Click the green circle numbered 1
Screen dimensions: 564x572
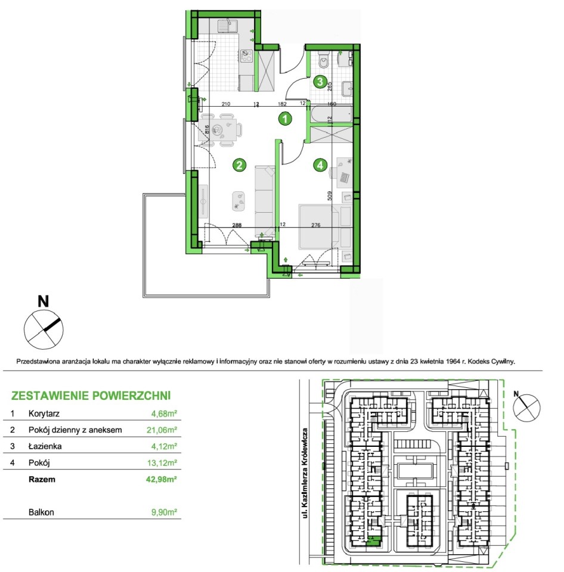[x=285, y=119]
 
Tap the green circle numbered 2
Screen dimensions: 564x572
[x=239, y=165]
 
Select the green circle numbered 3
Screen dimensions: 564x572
[x=320, y=82]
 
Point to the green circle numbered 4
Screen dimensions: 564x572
[x=320, y=165]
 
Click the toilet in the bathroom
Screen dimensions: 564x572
[x=323, y=60]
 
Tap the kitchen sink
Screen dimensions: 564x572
[x=227, y=26]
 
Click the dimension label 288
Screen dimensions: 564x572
[x=237, y=225]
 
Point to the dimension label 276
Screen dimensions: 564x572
[x=316, y=225]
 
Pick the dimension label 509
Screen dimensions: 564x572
[x=330, y=196]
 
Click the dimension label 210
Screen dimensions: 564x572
[x=226, y=104]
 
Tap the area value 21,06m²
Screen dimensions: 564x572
[x=162, y=430]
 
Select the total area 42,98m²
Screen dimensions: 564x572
[x=162, y=479]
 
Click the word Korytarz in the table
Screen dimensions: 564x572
[x=44, y=414]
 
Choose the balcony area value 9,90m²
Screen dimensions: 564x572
[x=165, y=512]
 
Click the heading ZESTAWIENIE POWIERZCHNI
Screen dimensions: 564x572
[x=91, y=396]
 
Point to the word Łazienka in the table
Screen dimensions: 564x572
[x=45, y=446]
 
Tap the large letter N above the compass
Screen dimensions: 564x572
[x=44, y=301]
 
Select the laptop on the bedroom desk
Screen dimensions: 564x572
[x=345, y=178]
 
